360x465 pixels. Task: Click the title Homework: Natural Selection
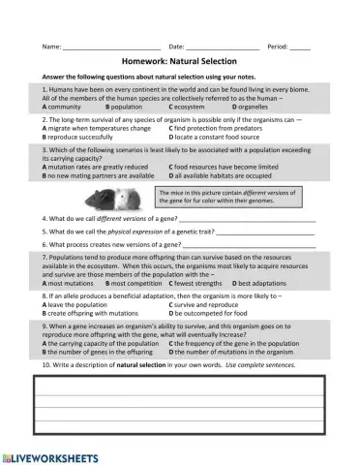(179, 61)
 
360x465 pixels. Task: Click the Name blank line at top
(111, 46)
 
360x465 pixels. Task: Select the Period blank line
(300, 46)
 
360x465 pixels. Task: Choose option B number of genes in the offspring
(103, 352)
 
